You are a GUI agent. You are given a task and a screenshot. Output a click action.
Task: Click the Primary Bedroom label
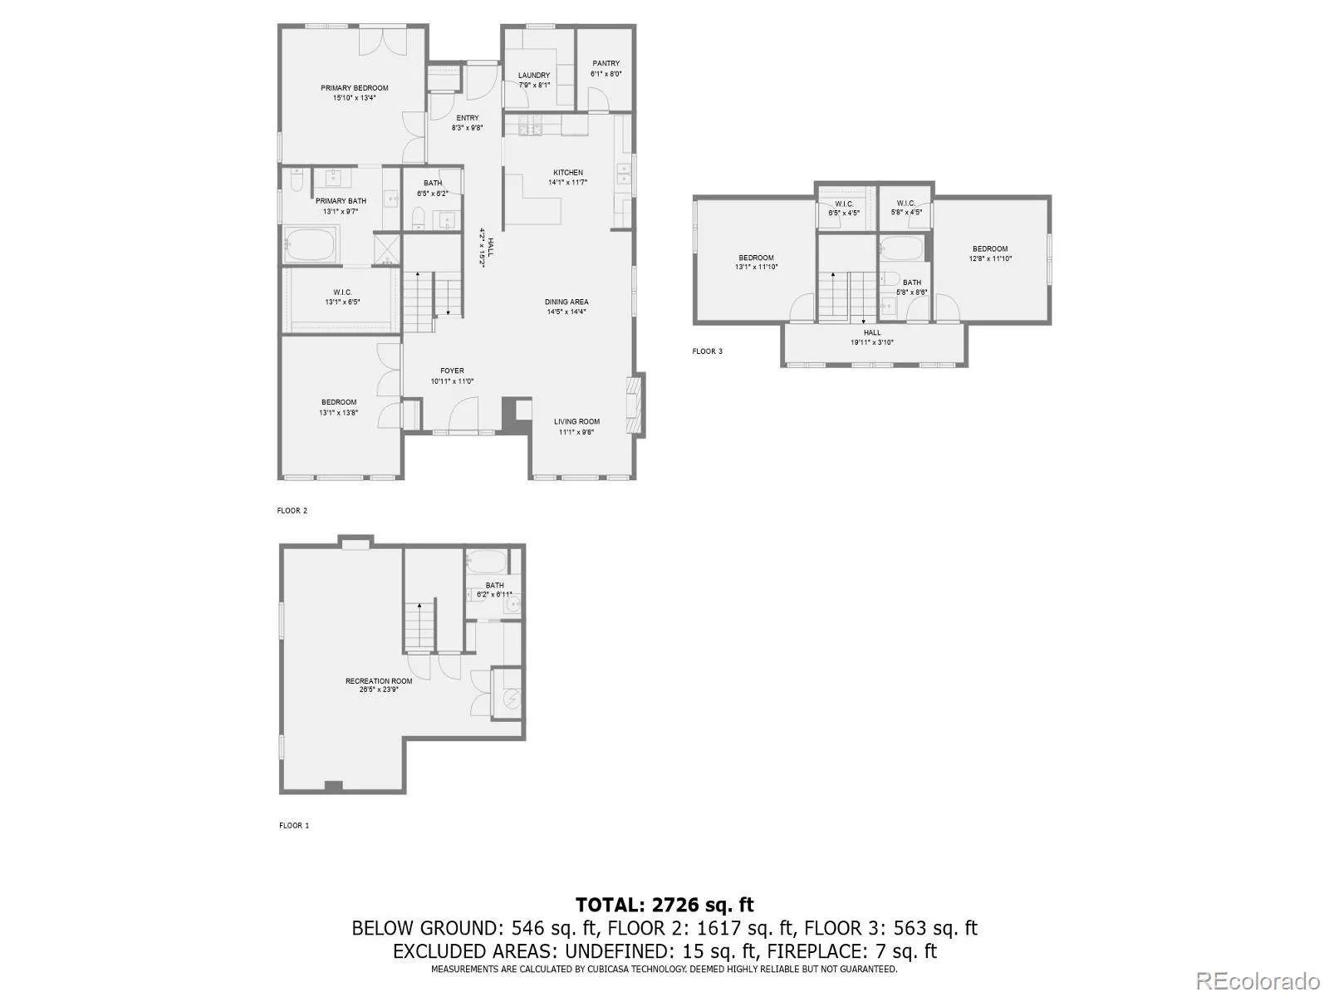355,88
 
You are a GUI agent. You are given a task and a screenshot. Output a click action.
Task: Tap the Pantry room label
606,63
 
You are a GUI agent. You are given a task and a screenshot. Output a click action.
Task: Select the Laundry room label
534,75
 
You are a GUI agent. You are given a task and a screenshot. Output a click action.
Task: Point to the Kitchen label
568,173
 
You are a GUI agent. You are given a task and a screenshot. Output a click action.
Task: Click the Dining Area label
566,302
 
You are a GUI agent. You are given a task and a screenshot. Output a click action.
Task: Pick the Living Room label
576,422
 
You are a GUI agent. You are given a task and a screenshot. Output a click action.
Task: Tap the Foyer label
452,371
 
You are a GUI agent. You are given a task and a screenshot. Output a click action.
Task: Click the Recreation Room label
379,681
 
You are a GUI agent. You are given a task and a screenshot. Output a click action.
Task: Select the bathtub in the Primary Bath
311,244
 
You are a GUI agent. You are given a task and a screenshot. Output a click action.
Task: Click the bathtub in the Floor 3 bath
900,248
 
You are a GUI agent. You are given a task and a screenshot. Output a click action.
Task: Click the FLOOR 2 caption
292,511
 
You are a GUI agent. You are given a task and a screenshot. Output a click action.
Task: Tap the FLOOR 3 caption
708,351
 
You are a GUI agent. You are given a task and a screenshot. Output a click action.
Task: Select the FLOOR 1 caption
294,826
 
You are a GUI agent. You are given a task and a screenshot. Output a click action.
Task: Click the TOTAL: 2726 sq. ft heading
664,905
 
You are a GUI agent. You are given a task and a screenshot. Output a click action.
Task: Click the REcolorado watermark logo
1258,980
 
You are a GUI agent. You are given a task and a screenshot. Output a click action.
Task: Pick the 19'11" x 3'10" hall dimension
871,342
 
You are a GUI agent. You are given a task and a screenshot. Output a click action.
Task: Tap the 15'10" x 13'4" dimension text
355,98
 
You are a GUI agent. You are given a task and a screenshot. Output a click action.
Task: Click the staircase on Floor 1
420,627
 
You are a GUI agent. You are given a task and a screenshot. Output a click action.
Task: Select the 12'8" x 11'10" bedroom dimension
990,258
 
